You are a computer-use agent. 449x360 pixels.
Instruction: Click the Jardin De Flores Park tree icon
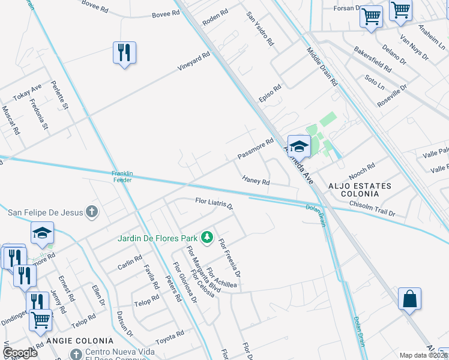[207, 238]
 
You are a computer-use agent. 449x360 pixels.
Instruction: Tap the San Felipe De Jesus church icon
[91, 211]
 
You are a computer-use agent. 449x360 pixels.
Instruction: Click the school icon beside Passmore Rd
[298, 146]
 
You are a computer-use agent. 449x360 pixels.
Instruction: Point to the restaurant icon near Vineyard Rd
[124, 53]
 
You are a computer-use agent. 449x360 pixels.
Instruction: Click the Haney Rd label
[256, 180]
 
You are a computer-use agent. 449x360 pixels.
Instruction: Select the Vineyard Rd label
[193, 63]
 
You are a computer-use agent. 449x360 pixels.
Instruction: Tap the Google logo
[20, 353]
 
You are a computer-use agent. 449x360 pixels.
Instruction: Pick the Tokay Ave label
[28, 94]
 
